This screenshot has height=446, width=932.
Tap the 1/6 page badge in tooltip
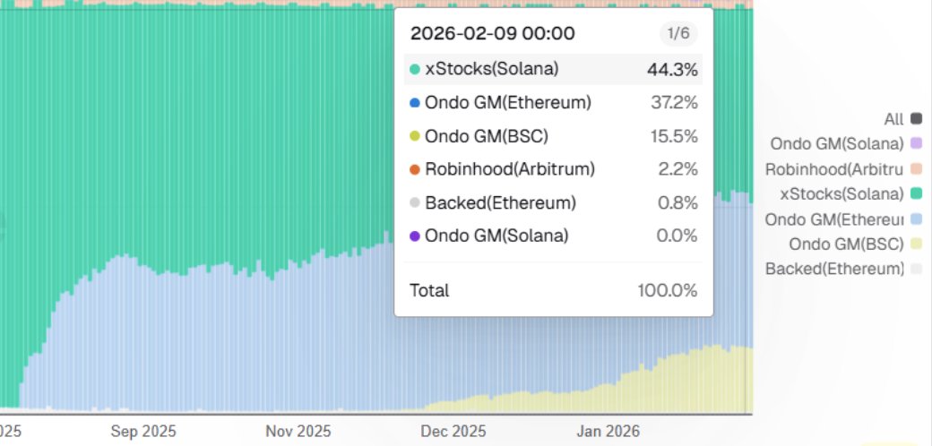click(677, 34)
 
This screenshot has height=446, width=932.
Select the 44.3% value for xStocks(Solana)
click(672, 69)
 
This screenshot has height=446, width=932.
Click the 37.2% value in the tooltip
click(674, 103)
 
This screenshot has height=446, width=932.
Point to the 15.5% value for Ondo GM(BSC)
click(674, 136)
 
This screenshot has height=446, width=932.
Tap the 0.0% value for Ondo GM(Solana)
click(677, 236)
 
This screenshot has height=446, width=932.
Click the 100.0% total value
click(668, 290)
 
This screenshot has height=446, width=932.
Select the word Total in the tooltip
click(429, 290)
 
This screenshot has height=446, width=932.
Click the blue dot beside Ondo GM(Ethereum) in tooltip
click(414, 103)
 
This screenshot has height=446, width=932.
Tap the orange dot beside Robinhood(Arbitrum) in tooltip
click(414, 169)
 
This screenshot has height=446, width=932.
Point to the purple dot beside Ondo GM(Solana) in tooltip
click(414, 236)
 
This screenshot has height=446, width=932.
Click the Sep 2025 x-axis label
click(144, 431)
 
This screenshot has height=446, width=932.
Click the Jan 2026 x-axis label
click(609, 431)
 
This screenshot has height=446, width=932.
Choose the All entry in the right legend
click(893, 118)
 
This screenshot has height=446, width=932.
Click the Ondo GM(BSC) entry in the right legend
click(846, 244)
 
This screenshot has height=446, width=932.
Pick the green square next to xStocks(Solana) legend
click(916, 193)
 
